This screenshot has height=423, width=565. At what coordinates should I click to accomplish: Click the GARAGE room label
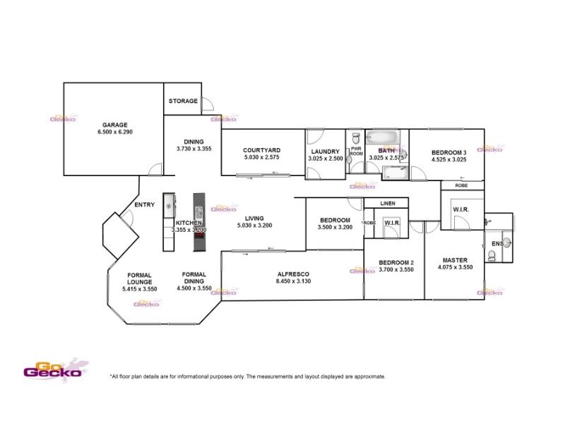pos(114,125)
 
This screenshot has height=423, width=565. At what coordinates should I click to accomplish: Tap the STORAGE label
pos(183,102)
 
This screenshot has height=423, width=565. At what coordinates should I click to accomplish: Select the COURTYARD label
pos(262,150)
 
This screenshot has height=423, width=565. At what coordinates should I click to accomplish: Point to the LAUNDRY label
pos(325,151)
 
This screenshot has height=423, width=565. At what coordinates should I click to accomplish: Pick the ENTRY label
pos(144,206)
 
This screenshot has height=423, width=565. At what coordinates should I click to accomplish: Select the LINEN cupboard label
pos(388,204)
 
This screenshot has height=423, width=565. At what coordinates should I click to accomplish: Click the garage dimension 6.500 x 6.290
pos(114,133)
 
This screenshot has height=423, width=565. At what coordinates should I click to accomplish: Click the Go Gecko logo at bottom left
pos(52,371)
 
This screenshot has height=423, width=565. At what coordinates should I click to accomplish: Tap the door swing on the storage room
pos(208,105)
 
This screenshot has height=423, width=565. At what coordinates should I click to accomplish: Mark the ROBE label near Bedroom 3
pos(462,185)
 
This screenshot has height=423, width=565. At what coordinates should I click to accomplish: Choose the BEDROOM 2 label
pos(395,262)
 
